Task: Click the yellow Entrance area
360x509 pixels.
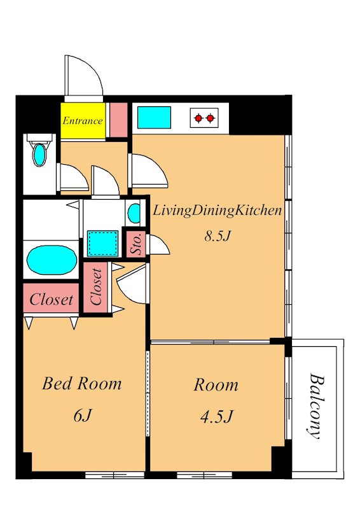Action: [83, 121]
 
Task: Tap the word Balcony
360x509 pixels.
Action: [316, 406]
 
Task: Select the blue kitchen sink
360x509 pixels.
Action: [154, 117]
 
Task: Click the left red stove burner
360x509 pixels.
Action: [198, 118]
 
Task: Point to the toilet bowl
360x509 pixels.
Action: [39, 155]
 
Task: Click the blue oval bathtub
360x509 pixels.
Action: [52, 260]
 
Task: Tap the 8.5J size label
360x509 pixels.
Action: [217, 236]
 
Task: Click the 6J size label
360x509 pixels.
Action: [83, 415]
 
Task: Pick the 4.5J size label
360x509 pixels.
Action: [216, 417]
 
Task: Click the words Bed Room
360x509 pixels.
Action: [82, 384]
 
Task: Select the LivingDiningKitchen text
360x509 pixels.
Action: [217, 211]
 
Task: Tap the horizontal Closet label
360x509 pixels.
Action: [52, 299]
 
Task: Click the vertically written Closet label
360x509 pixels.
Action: [96, 287]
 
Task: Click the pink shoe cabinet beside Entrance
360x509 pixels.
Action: [118, 120]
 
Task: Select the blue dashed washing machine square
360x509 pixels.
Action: [103, 244]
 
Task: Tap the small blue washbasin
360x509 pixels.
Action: [134, 213]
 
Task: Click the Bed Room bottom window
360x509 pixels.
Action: [114, 475]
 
